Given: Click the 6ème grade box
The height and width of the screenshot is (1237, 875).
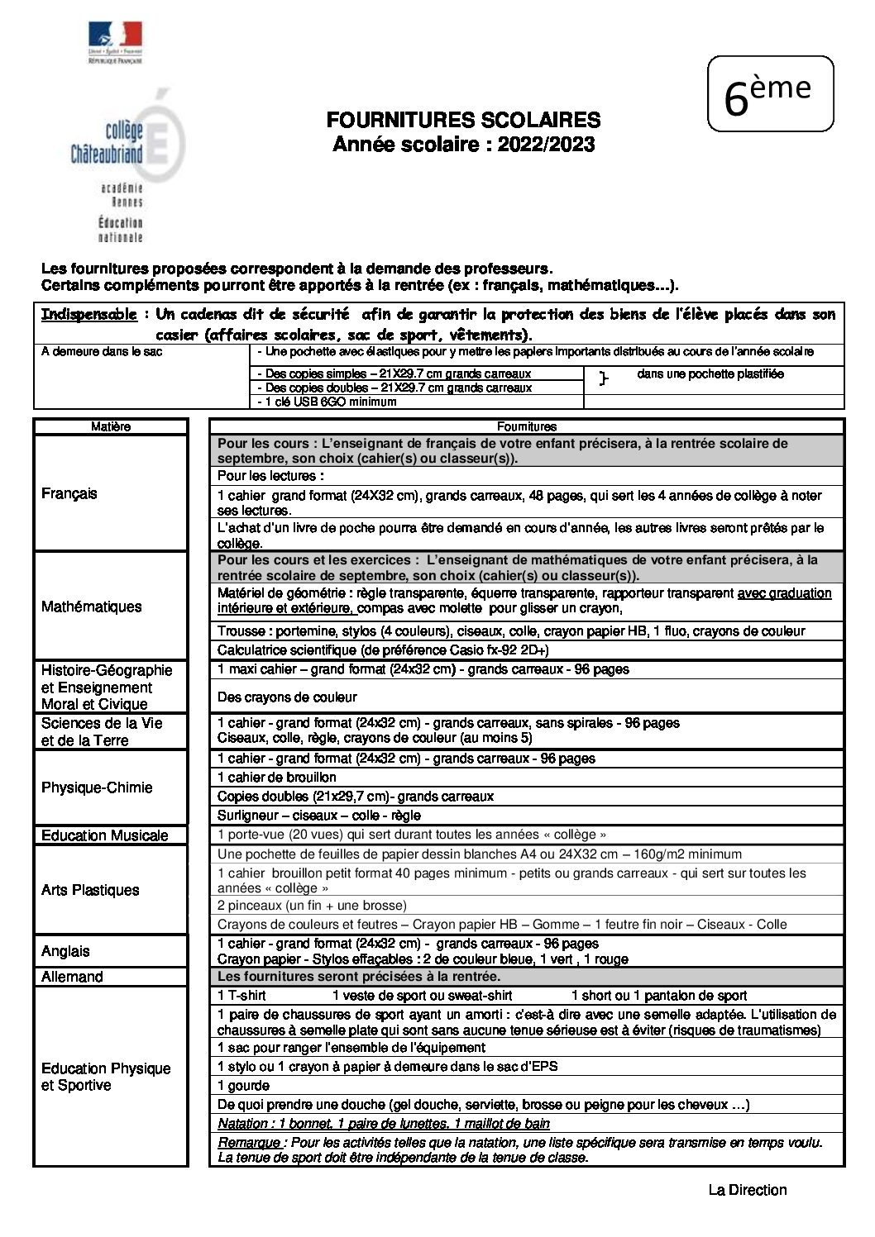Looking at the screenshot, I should (770, 94).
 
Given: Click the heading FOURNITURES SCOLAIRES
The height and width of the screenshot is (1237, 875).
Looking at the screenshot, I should (463, 121).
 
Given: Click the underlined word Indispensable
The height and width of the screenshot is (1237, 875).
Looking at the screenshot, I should (89, 315).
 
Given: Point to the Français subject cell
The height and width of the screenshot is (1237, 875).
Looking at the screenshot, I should (69, 493).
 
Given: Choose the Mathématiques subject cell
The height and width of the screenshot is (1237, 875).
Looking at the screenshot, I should (91, 607).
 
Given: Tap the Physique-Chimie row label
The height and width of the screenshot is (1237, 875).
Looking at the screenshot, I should (97, 787).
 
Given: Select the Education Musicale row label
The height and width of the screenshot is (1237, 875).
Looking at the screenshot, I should (104, 835).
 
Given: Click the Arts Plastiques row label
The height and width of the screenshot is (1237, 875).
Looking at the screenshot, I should (90, 890).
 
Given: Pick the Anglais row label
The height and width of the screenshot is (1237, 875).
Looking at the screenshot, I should (65, 951).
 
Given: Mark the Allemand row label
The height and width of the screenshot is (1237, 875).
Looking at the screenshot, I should (72, 977).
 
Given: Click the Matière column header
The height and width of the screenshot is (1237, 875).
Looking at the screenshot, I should (111, 426).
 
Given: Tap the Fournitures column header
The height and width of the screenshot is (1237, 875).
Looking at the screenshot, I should (526, 426).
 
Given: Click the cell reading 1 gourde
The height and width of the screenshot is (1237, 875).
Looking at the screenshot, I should (243, 1086).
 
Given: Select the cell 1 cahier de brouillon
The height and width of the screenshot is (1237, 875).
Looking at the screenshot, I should (277, 778).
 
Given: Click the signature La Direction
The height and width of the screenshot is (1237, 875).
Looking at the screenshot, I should (747, 1190).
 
